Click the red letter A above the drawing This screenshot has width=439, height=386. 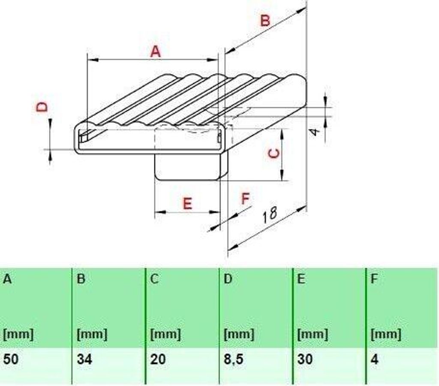click(156, 52)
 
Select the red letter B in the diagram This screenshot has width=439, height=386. click(265, 21)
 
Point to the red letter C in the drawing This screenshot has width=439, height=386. click(274, 154)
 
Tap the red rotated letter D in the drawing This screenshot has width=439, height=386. click(42, 107)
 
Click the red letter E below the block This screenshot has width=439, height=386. click(187, 204)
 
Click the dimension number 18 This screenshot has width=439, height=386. click(270, 214)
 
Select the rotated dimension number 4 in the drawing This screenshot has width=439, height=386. click(315, 132)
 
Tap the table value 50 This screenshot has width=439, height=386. click(11, 359)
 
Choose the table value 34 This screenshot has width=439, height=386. click(84, 359)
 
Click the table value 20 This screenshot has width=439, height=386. click(158, 359)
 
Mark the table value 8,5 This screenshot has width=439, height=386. click(234, 359)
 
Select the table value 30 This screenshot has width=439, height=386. click(305, 359)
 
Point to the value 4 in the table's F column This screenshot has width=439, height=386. click(375, 359)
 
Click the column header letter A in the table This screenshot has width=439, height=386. click(7, 279)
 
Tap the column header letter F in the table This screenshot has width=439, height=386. click(374, 279)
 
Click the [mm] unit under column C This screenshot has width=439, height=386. click(165, 334)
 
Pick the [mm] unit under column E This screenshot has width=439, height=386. click(313, 334)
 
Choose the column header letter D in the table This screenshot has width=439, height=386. click(228, 279)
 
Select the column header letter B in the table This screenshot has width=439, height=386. click(81, 279)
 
